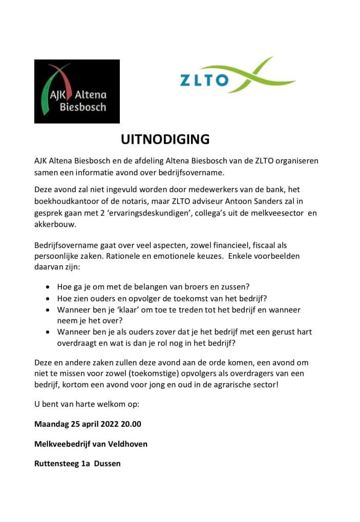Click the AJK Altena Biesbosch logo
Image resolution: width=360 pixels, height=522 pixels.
pyautogui.click(x=77, y=91)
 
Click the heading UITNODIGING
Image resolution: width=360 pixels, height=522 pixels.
pyautogui.click(x=165, y=139)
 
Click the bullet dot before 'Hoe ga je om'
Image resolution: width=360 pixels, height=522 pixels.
pyautogui.click(x=48, y=287)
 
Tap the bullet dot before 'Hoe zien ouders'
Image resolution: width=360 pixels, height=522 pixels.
pyautogui.click(x=48, y=299)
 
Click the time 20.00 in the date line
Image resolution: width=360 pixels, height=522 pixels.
pyautogui.click(x=131, y=424)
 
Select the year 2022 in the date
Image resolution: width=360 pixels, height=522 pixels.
pyautogui.click(x=109, y=424)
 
